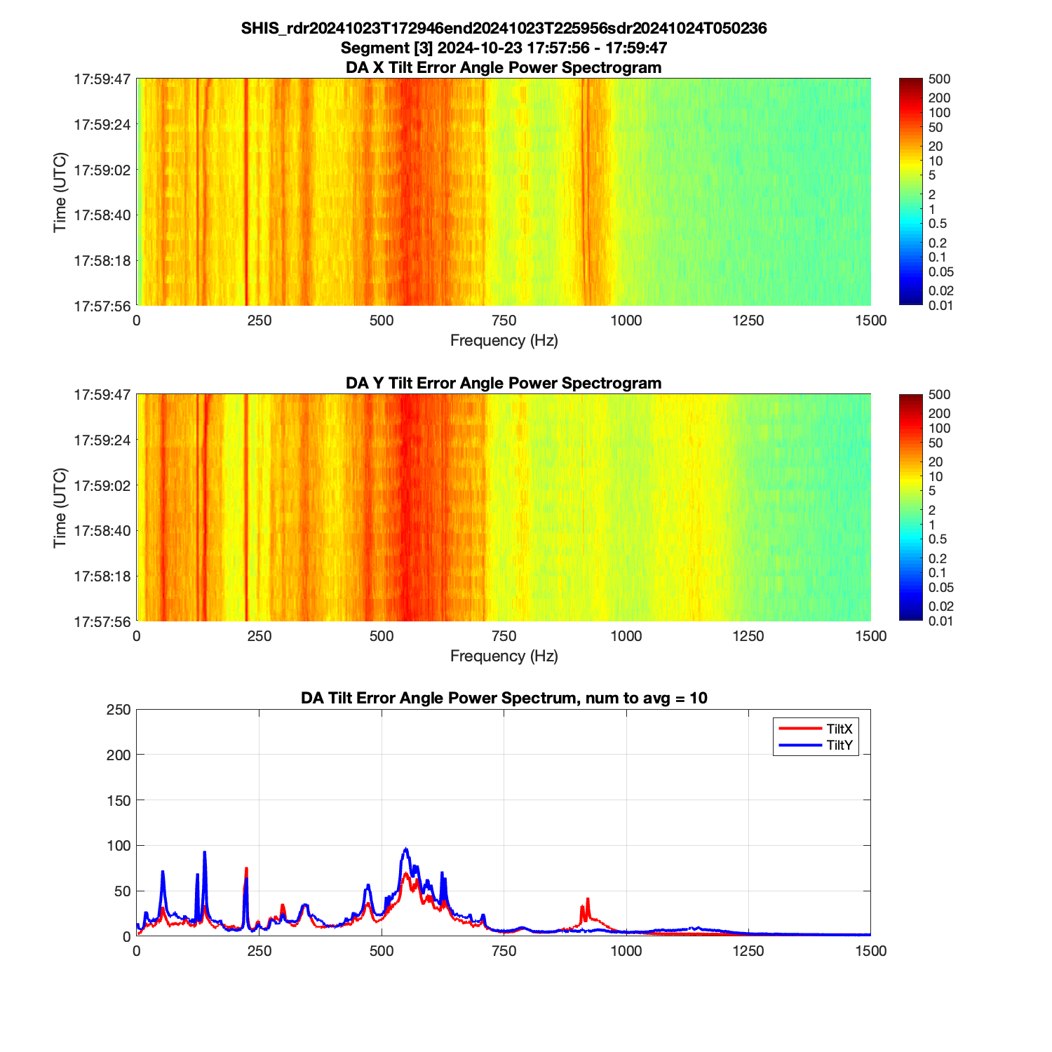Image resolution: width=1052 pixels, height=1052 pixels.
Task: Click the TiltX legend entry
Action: (839, 729)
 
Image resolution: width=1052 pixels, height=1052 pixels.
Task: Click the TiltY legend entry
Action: (839, 746)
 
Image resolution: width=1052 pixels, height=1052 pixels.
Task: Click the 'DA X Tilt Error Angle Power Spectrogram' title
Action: (504, 67)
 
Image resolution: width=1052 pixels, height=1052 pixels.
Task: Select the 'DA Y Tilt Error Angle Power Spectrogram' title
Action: (504, 383)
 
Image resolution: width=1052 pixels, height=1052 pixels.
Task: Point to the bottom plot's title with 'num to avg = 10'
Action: (504, 698)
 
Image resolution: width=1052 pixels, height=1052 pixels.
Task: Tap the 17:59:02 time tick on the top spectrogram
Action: (102, 170)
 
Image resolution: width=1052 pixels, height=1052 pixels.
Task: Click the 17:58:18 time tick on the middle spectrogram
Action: (102, 576)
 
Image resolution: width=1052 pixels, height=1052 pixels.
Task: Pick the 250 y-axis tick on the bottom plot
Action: (119, 710)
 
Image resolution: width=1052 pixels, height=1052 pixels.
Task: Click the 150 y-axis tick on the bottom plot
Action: (119, 800)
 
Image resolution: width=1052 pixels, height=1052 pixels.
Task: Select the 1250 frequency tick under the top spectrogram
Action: (748, 321)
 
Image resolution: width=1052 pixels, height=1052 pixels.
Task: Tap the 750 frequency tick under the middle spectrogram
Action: (504, 636)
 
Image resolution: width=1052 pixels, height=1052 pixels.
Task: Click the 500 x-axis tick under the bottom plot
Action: (382, 951)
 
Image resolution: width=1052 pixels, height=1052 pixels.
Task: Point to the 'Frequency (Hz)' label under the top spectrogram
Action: (504, 341)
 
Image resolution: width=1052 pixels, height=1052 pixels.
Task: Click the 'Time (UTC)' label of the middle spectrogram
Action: (60, 508)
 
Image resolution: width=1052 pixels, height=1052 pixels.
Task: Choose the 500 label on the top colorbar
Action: (938, 79)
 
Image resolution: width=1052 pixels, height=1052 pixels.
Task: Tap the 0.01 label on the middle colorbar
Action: (940, 621)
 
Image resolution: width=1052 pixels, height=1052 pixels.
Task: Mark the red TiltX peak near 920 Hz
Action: (588, 899)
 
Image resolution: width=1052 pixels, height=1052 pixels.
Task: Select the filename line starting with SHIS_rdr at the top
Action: (504, 28)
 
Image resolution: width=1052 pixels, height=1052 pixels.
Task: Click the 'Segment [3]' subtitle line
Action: (504, 48)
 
